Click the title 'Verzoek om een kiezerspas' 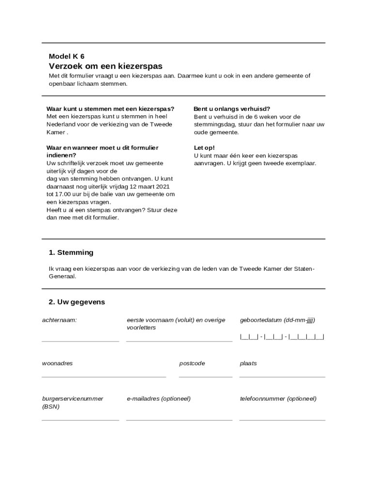(x=105, y=66)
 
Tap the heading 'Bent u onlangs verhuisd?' (x=232, y=109)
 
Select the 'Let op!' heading (x=204, y=148)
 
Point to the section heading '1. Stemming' (x=71, y=252)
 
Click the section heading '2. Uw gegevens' (x=77, y=302)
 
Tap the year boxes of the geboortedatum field (x=306, y=336)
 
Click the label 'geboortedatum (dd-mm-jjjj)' (x=278, y=320)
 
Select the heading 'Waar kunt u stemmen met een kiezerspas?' (x=110, y=109)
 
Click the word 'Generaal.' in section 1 (x=62, y=276)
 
